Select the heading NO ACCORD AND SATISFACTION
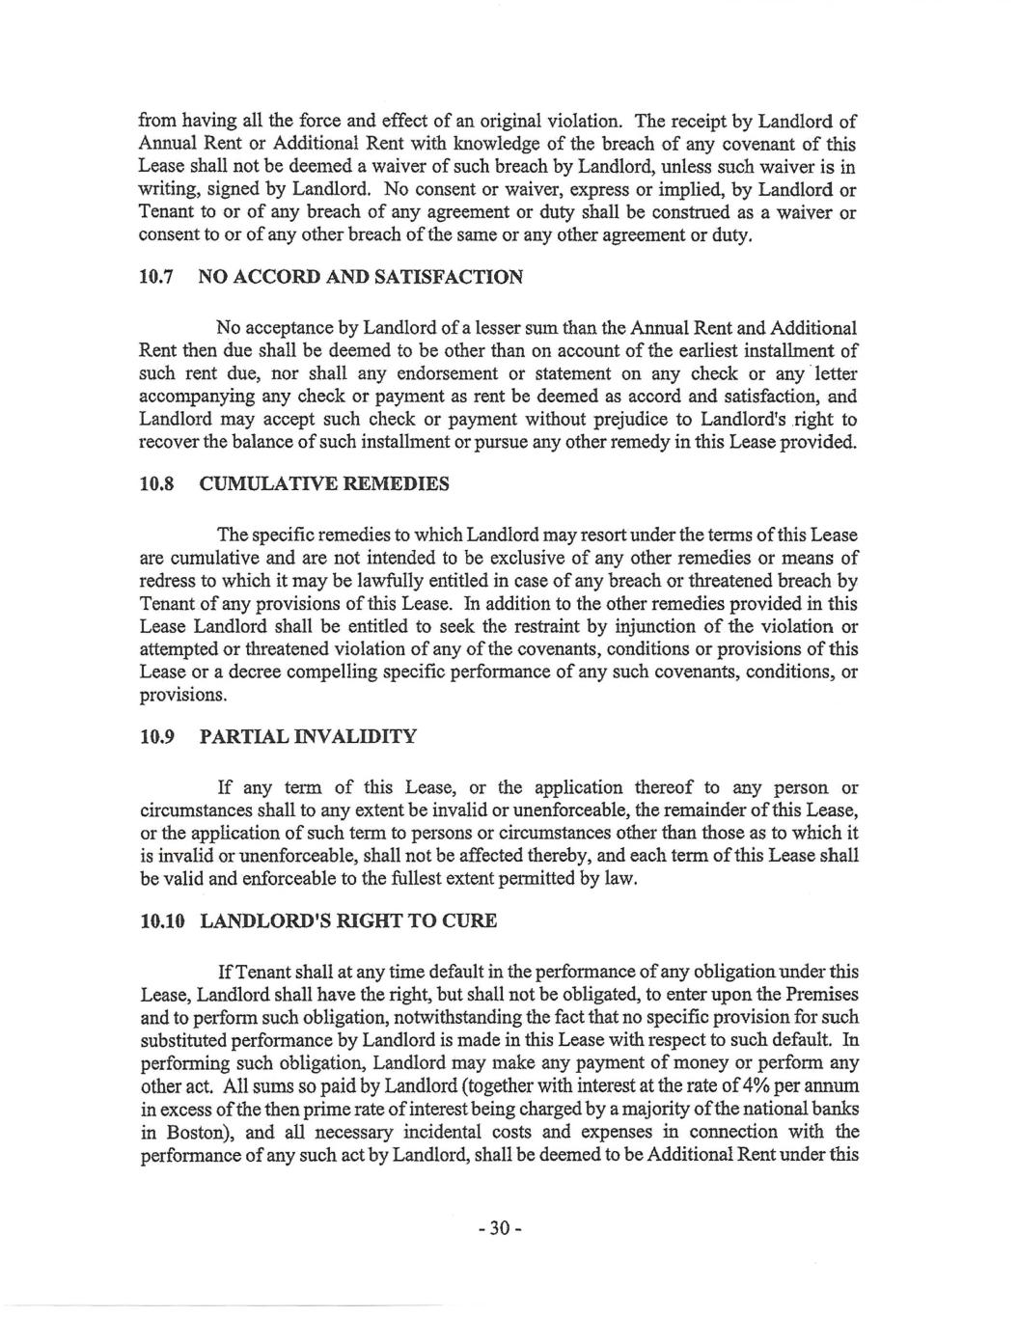(x=361, y=278)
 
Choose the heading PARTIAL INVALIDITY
(x=308, y=737)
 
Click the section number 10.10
(x=161, y=921)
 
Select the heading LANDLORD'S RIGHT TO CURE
(x=348, y=921)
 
